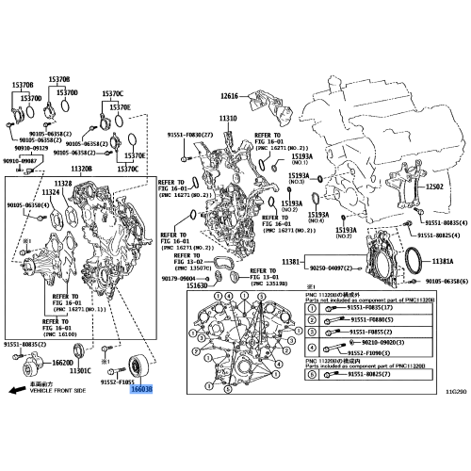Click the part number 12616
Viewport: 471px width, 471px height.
coord(231,95)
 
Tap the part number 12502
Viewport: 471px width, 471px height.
coord(434,187)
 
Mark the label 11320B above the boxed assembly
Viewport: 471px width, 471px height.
coord(82,170)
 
